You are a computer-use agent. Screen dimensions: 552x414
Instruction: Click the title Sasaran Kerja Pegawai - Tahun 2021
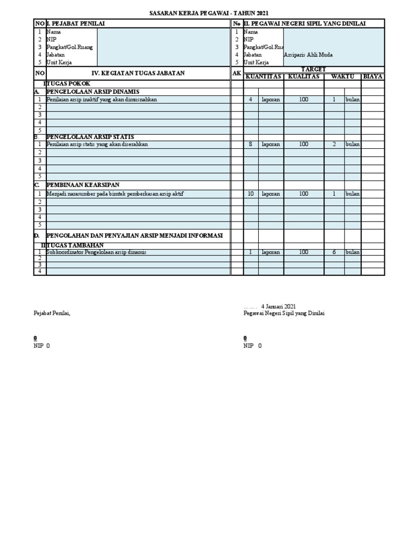208,13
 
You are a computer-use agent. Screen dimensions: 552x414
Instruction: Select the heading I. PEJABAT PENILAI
76,23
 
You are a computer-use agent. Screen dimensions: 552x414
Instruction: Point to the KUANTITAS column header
264,77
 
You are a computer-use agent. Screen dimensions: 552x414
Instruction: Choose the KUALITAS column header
303,77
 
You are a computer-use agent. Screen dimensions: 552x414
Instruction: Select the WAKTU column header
342,77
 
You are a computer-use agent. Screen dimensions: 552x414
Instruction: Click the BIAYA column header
372,77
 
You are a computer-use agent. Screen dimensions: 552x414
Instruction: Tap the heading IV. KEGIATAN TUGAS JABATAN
138,73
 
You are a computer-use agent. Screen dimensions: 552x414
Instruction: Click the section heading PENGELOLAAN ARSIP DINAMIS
90,92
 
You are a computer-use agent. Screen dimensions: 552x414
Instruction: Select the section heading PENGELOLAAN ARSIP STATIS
90,137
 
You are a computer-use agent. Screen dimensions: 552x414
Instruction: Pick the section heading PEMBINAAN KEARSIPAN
82,184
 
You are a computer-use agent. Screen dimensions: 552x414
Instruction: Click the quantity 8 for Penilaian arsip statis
251,144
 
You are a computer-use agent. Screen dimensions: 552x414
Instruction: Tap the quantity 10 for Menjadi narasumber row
251,194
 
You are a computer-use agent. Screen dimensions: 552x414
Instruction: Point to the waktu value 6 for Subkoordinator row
334,252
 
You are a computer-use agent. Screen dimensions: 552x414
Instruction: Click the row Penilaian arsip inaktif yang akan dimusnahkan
102,100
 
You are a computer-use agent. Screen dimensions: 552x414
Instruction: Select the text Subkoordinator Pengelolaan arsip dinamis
96,252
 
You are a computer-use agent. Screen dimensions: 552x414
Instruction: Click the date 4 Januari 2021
278,306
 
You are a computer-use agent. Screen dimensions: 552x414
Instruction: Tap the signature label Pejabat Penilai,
52,313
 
